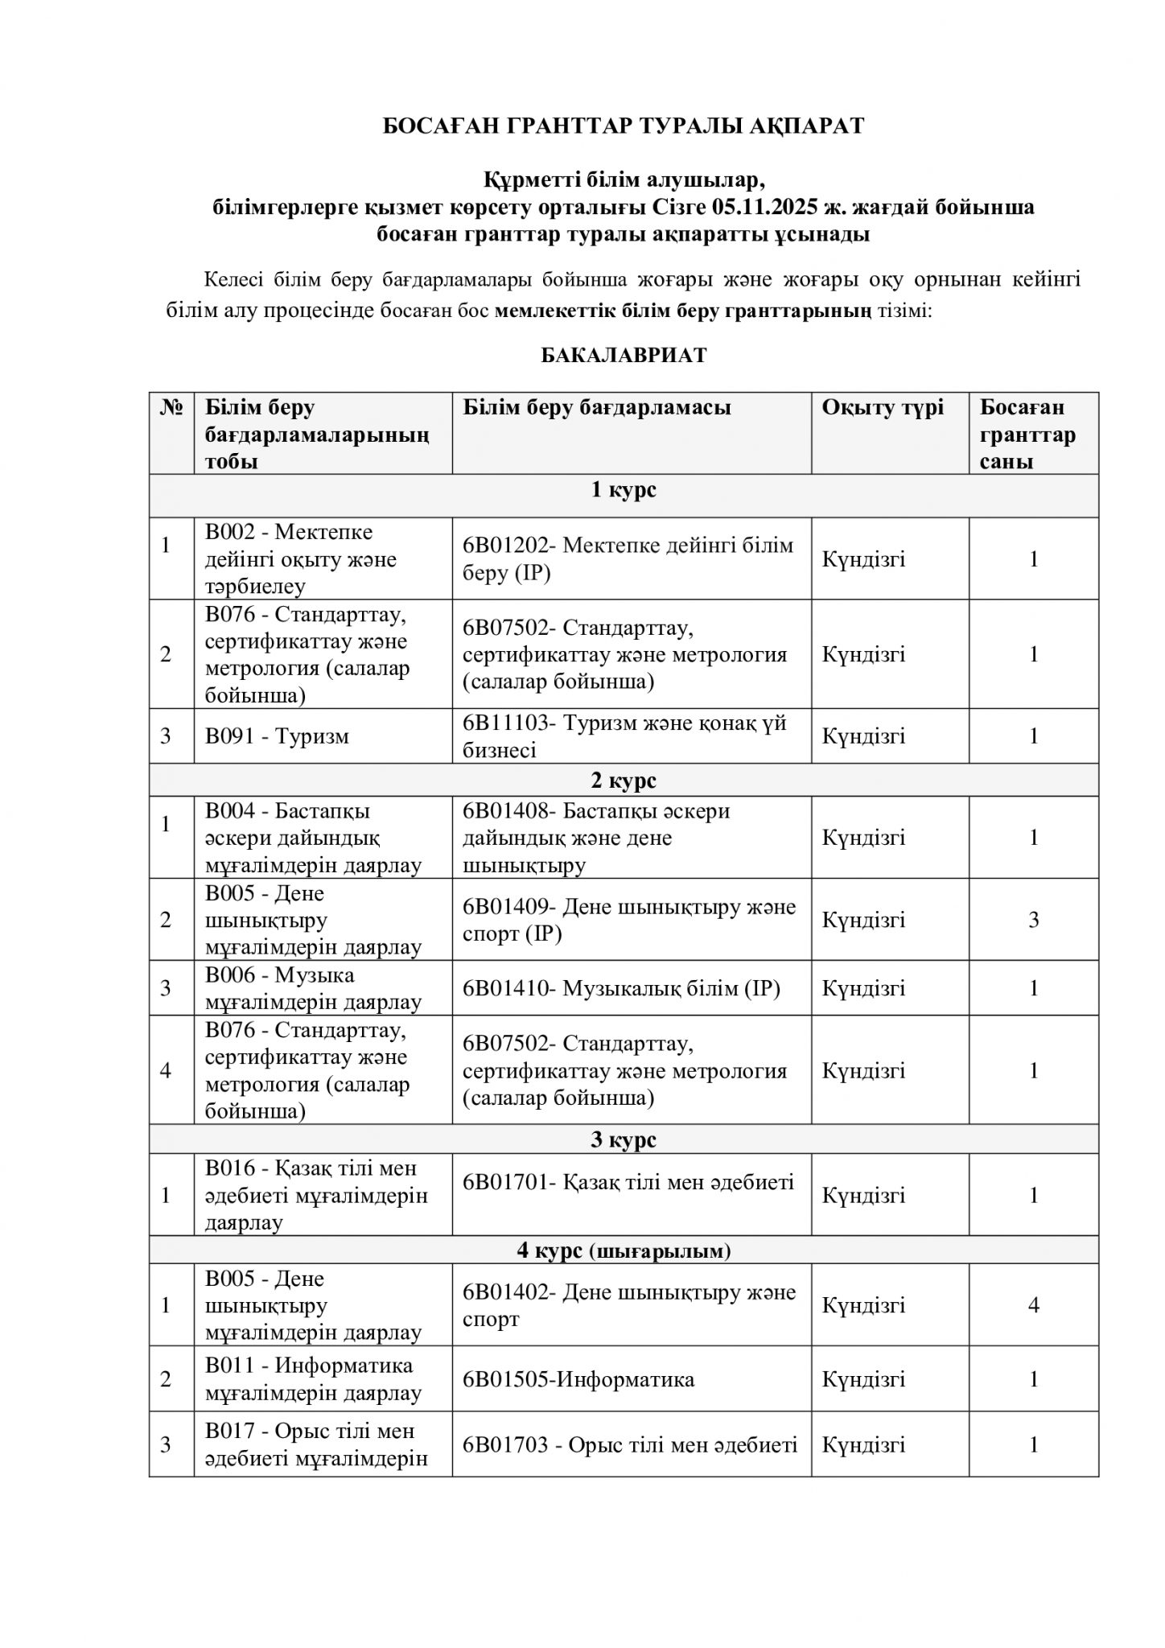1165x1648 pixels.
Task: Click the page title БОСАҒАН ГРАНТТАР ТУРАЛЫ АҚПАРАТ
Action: tap(623, 126)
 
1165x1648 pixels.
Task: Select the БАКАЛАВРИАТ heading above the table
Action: tap(623, 356)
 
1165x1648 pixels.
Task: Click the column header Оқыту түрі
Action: tap(883, 408)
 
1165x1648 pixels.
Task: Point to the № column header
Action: tap(171, 408)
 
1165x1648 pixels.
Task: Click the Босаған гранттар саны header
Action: tap(1027, 435)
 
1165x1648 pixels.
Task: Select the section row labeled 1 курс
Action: tap(624, 490)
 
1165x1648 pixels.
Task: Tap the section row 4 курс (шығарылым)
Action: tap(624, 1250)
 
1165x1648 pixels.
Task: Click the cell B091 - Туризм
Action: tap(277, 736)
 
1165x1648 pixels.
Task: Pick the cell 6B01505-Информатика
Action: tap(578, 1379)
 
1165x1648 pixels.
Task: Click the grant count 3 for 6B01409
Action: tap(1034, 920)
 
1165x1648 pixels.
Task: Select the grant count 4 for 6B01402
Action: tap(1034, 1304)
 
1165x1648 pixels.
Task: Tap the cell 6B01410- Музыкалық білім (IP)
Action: tap(621, 988)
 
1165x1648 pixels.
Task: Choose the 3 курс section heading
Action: tap(624, 1139)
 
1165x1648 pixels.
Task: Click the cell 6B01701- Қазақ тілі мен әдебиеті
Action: tap(628, 1182)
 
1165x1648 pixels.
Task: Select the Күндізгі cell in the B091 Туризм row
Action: tap(863, 736)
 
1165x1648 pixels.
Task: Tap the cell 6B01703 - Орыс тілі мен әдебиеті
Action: tap(629, 1445)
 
